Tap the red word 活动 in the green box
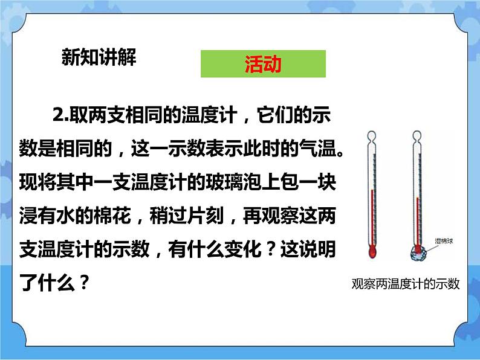pyautogui.click(x=263, y=64)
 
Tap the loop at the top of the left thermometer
pyautogui.click(x=372, y=135)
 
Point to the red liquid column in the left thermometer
pyautogui.click(x=371, y=217)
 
